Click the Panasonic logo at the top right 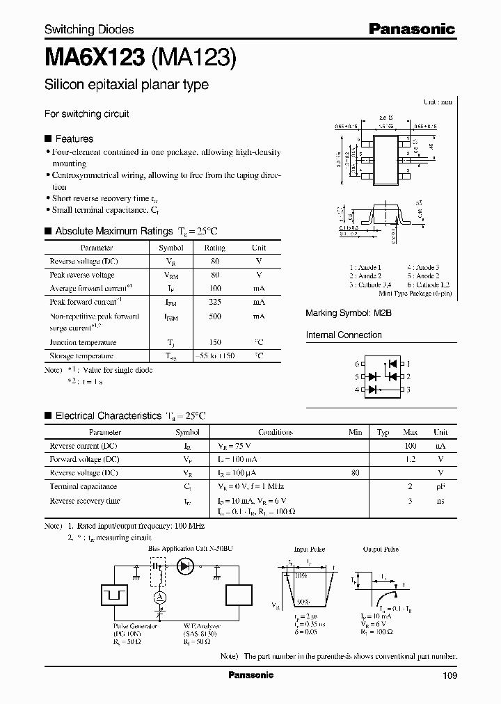click(411, 29)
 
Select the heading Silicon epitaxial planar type click(127, 85)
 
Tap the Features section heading click(74, 138)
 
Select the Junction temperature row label click(82, 342)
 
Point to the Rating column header click(214, 248)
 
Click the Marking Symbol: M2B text click(349, 314)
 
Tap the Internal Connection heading click(344, 335)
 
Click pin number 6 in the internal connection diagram click(357, 364)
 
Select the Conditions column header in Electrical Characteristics click(275, 432)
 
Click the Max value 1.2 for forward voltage click(411, 459)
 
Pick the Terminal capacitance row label click(83, 487)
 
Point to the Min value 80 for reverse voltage click(356, 473)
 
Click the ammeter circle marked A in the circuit click(158, 598)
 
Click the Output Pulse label click(381, 550)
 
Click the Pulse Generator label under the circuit click(135, 626)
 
